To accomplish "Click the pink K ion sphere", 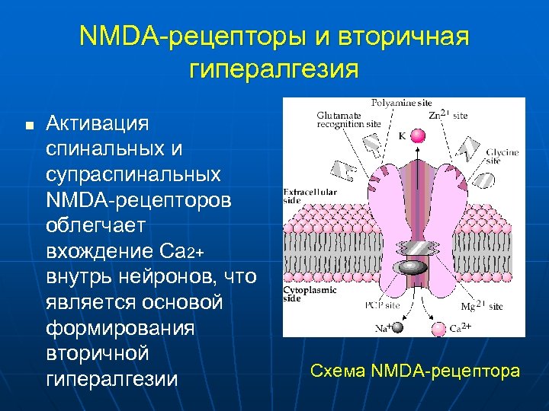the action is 417,136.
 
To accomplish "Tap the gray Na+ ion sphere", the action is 397,327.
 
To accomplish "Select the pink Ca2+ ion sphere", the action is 438,328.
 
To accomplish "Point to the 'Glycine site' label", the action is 502,157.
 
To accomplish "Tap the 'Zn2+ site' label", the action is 448,115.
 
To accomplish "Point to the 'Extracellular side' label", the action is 309,196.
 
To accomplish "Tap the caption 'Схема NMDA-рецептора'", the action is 416,371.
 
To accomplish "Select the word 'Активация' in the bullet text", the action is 98,123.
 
